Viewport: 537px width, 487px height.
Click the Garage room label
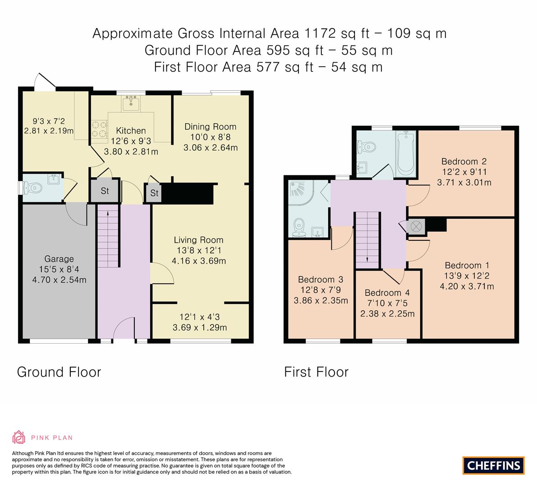[59, 259]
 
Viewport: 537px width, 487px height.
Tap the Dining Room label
[210, 127]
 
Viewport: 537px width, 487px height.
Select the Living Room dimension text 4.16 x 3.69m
[199, 261]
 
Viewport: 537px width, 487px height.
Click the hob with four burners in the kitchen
[100, 129]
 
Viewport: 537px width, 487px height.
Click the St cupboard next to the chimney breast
[154, 193]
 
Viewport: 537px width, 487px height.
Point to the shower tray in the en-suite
[301, 192]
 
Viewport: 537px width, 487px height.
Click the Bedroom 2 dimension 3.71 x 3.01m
[464, 183]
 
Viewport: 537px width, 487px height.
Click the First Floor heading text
[316, 372]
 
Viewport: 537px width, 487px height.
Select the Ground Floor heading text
[59, 372]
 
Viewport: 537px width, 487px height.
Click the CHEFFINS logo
[493, 465]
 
